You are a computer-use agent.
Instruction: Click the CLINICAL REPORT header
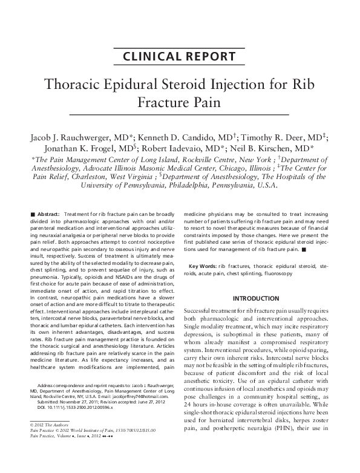tap(179, 57)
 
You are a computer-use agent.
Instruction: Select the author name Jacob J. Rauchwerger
tap(76, 137)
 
